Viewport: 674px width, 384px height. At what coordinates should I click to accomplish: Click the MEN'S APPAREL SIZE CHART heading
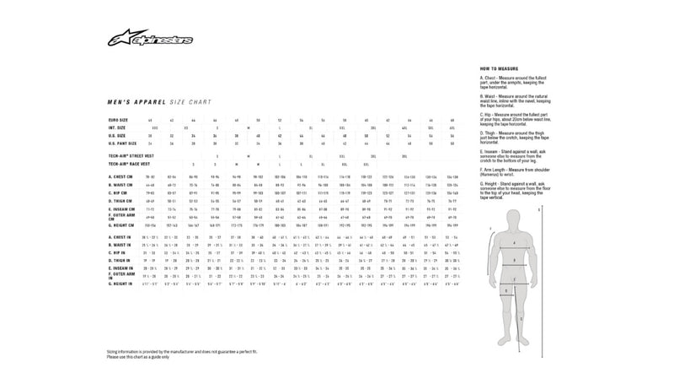point(148,100)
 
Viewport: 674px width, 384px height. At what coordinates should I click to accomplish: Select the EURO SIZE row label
point(120,121)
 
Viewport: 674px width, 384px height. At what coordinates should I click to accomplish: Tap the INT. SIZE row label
point(118,127)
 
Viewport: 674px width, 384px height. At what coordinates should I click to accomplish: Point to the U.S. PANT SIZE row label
point(124,143)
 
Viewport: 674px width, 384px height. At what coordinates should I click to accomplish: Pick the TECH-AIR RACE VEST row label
point(128,164)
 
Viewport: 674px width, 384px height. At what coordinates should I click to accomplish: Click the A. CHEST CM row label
point(121,177)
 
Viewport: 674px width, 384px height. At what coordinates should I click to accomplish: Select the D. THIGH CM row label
point(121,201)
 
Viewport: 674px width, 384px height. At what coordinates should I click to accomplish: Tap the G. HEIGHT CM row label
point(123,225)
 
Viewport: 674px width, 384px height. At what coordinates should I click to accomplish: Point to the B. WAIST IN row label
point(120,246)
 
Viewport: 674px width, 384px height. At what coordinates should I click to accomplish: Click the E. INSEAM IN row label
point(121,268)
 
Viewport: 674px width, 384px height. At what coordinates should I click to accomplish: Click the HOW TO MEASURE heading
point(498,68)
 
